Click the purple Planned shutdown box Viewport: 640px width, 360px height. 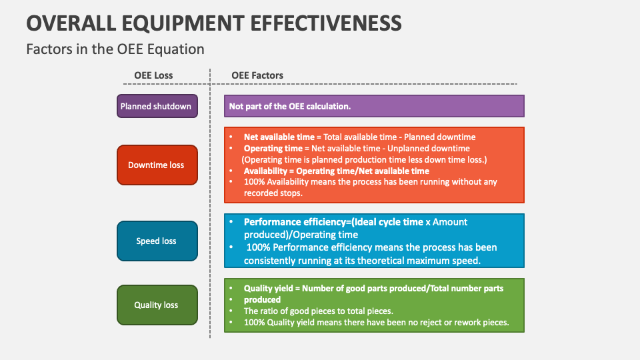click(x=157, y=106)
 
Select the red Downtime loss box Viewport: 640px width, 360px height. click(x=157, y=165)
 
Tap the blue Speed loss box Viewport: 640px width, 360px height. click(x=157, y=241)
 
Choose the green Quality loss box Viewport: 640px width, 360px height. click(x=157, y=305)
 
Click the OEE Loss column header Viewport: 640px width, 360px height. click(x=153, y=75)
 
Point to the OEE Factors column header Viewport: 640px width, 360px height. click(x=257, y=75)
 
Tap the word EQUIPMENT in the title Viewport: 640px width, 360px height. click(x=162, y=23)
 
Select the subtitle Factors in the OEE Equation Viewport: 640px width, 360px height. click(x=115, y=49)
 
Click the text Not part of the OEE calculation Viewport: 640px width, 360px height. click(x=290, y=106)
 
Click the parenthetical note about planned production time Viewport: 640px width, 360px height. click(x=364, y=159)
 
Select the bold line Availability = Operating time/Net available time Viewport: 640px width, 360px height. click(x=337, y=171)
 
